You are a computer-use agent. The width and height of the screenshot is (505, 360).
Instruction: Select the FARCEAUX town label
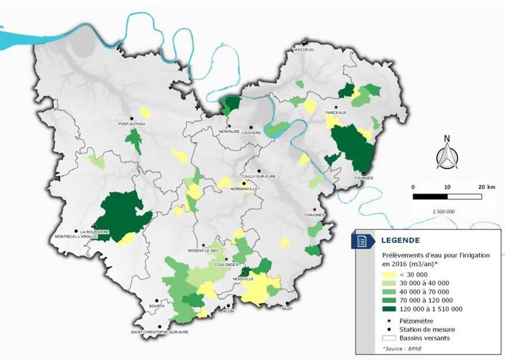point(336,113)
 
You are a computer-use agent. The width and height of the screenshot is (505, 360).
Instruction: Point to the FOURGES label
point(364,179)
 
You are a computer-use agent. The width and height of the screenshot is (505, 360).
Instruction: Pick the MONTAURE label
point(229,133)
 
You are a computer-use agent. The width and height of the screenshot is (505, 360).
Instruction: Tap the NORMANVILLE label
point(245,189)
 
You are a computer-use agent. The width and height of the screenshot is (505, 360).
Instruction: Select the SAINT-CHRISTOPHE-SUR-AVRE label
point(160,332)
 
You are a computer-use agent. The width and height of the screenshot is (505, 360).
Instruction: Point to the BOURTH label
point(156,307)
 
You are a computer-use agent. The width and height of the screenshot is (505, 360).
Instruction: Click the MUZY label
point(287,308)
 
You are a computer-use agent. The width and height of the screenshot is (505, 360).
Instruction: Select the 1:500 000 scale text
point(443,211)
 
